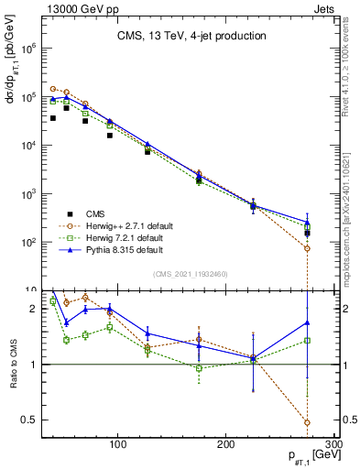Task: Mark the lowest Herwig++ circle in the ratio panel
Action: click(x=307, y=423)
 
